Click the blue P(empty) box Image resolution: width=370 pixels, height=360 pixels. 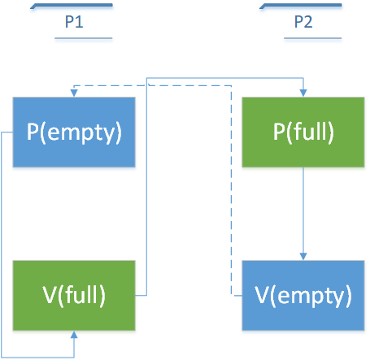coord(74,132)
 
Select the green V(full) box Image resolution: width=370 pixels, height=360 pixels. coord(74,295)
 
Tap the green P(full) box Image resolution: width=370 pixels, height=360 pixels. coord(303,132)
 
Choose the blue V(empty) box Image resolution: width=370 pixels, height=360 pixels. coord(303,295)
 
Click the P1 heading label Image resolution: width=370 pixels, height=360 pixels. coord(74,22)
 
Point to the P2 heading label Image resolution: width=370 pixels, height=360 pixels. coord(303,22)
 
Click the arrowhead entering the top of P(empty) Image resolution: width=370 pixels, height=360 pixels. coord(74,93)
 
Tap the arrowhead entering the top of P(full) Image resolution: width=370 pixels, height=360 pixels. coord(303,93)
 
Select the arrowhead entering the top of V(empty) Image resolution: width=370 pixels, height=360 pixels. coord(303,257)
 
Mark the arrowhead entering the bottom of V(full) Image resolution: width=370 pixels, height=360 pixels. coord(74,335)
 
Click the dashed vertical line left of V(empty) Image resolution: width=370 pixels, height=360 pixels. coord(231,190)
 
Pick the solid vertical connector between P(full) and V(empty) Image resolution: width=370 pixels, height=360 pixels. coord(303,210)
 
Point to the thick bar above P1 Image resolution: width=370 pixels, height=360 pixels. coord(72,6)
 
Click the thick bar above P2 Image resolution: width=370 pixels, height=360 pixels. coord(301,6)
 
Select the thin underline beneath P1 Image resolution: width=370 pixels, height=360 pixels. coord(84,38)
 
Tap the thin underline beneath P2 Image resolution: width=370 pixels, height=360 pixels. coord(313,38)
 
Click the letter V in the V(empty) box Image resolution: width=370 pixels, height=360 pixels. coord(261,295)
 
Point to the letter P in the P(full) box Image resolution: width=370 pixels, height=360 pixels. coord(279,132)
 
